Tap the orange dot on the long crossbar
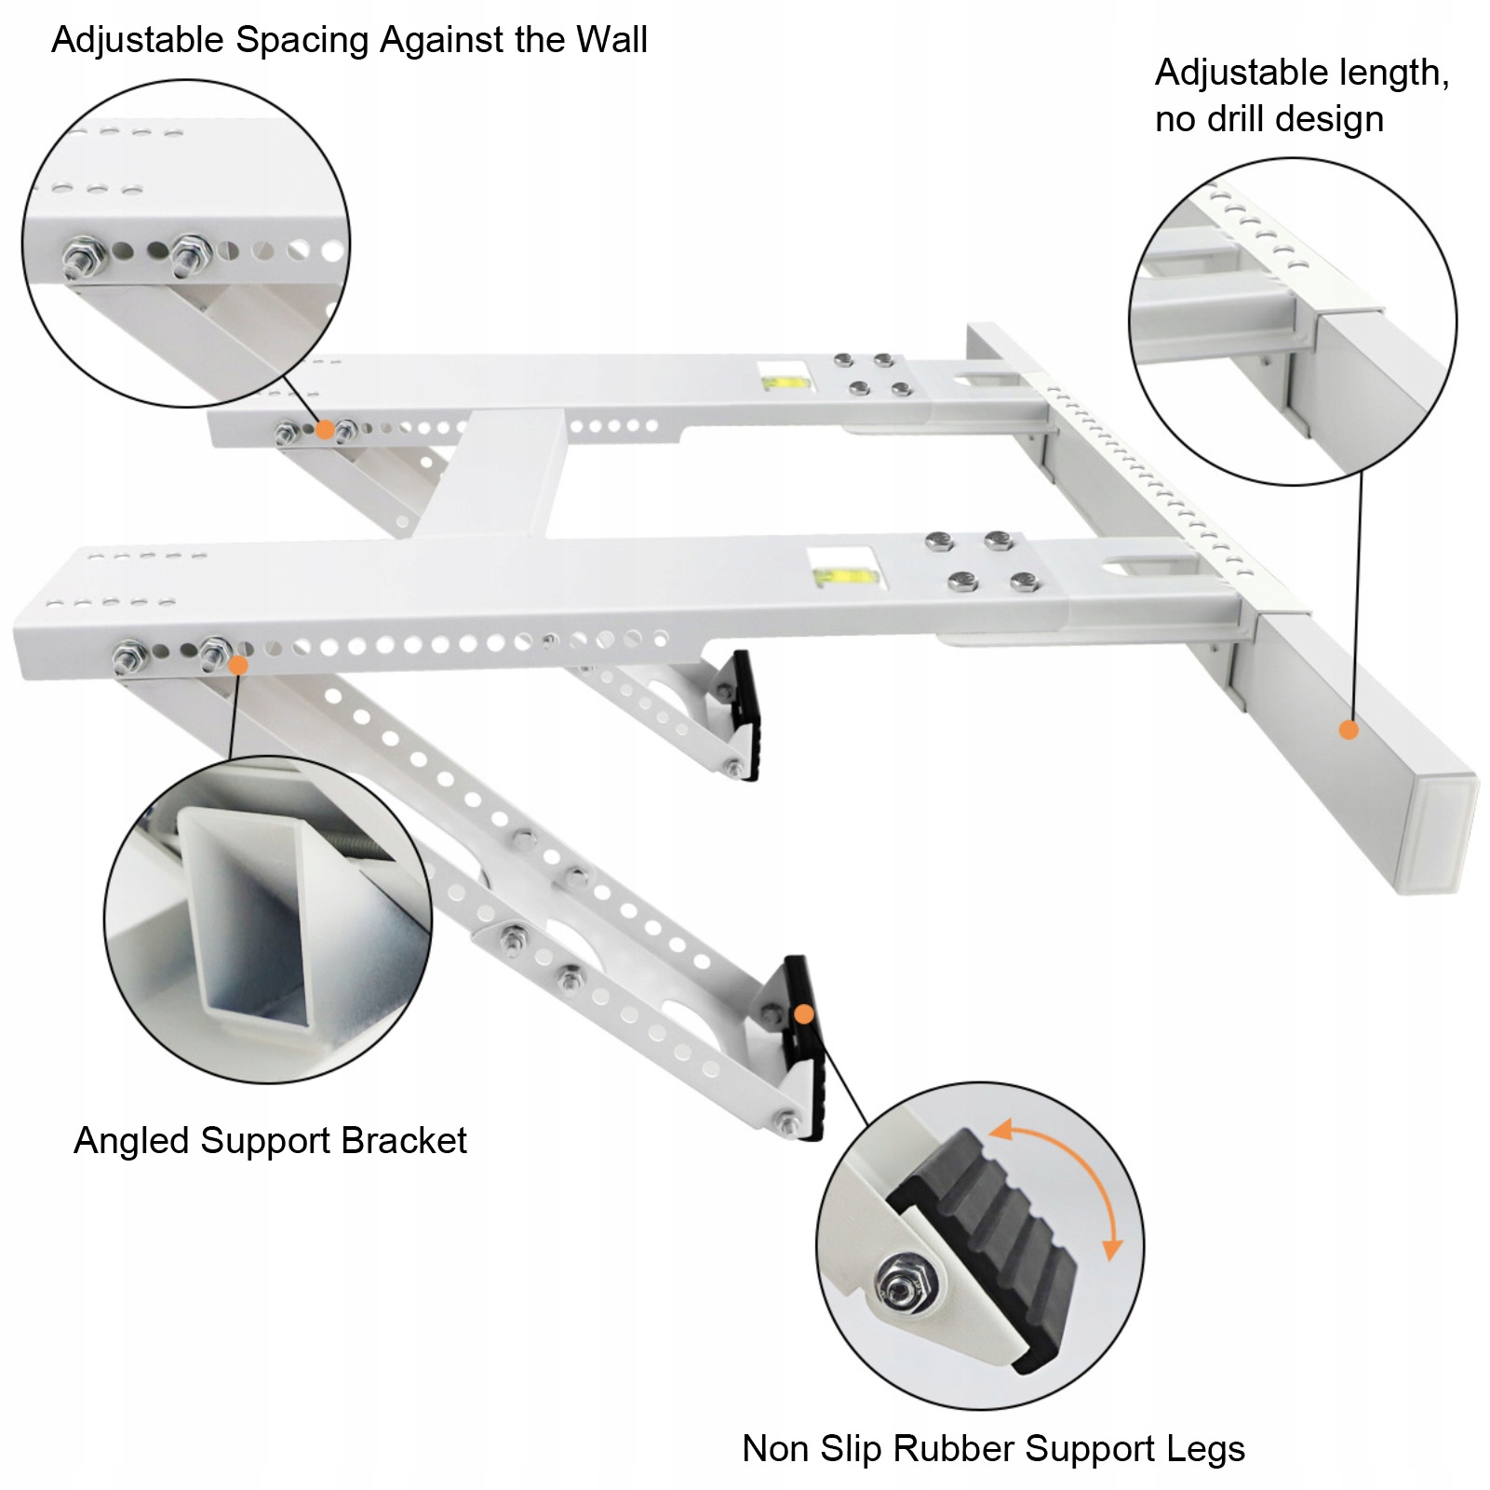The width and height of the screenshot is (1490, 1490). pos(1349,730)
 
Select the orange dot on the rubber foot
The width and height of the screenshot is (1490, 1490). pos(805,1013)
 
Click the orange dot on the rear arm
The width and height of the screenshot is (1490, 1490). pos(325,429)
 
